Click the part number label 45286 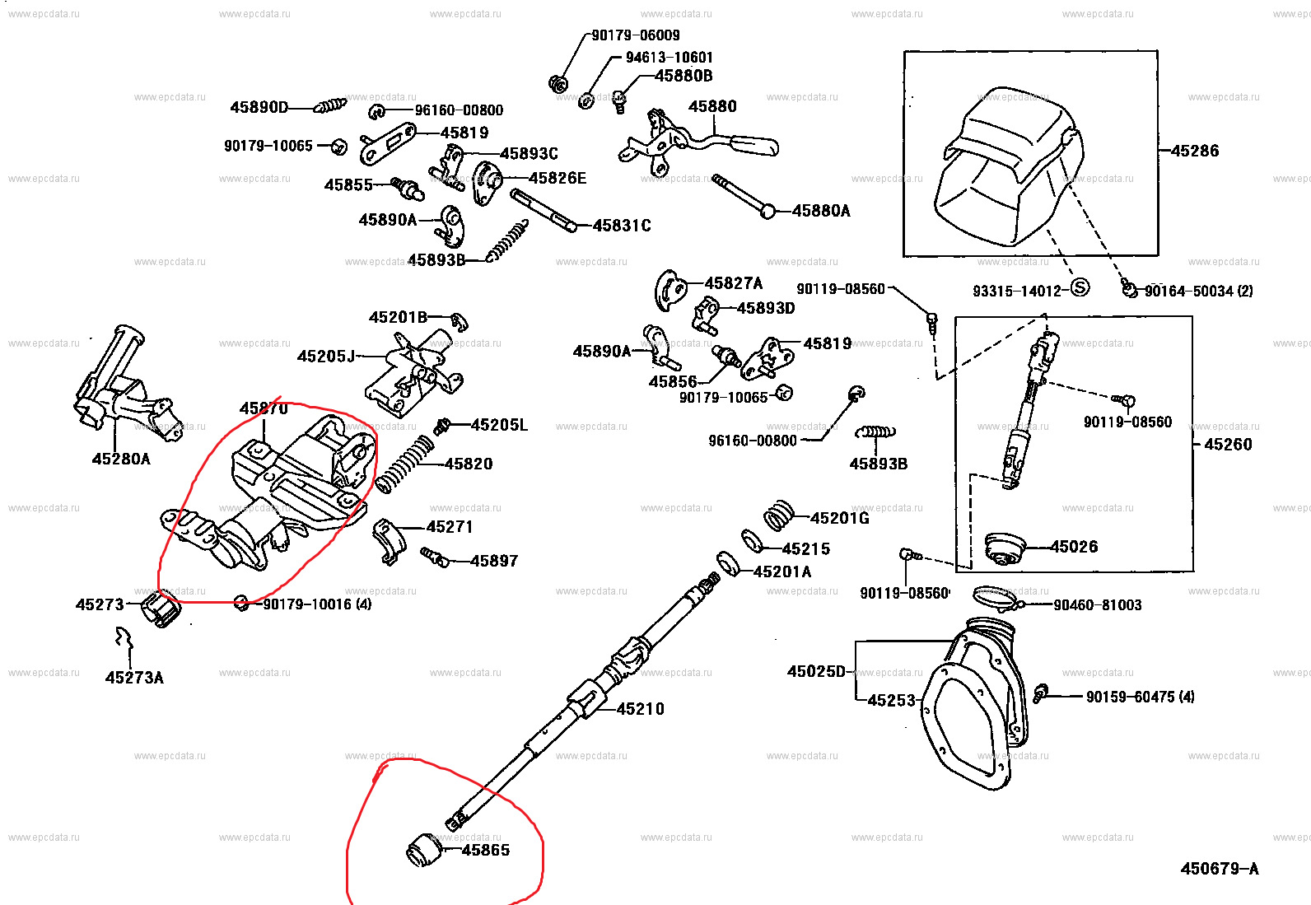click(1194, 151)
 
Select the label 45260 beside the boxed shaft click(1228, 445)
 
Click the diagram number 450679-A click(1219, 869)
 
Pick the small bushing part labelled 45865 click(425, 850)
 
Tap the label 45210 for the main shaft click(640, 709)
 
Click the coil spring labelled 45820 click(404, 466)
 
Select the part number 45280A click(121, 459)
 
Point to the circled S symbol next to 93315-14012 click(1080, 287)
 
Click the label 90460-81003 click(1097, 605)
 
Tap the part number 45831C click(622, 226)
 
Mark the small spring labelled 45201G click(778, 515)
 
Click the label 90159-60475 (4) click(1140, 697)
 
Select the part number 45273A click(134, 678)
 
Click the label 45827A click(733, 283)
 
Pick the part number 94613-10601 click(669, 58)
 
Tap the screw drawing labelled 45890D click(331, 106)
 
